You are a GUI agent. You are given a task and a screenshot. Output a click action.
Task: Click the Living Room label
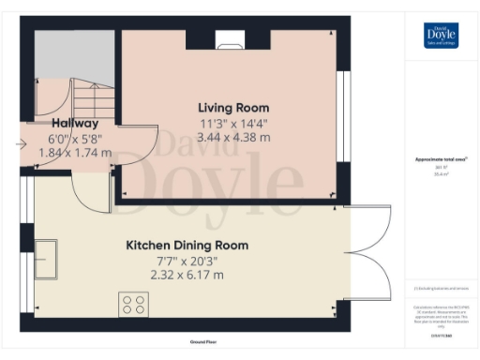coord(233,108)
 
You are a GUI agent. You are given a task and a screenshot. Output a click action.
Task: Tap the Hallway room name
coord(75,122)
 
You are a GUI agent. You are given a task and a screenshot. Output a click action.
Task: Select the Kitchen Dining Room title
coord(187,246)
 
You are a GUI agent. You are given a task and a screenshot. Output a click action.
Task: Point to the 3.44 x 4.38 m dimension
coord(233,137)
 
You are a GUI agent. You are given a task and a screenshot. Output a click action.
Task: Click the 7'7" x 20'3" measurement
coord(187,261)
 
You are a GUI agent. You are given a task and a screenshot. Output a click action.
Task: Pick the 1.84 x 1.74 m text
coord(75,151)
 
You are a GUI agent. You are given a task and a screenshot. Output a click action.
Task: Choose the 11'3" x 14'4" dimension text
coord(233,123)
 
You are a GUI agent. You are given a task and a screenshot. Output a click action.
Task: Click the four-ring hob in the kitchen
coord(132,304)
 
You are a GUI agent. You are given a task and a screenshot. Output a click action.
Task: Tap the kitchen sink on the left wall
coord(45,257)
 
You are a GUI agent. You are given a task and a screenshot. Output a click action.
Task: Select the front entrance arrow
coord(22,143)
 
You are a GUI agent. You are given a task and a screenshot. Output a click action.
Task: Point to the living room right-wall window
coord(344,122)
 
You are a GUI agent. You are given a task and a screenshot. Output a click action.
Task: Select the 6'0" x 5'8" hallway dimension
coord(75,137)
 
